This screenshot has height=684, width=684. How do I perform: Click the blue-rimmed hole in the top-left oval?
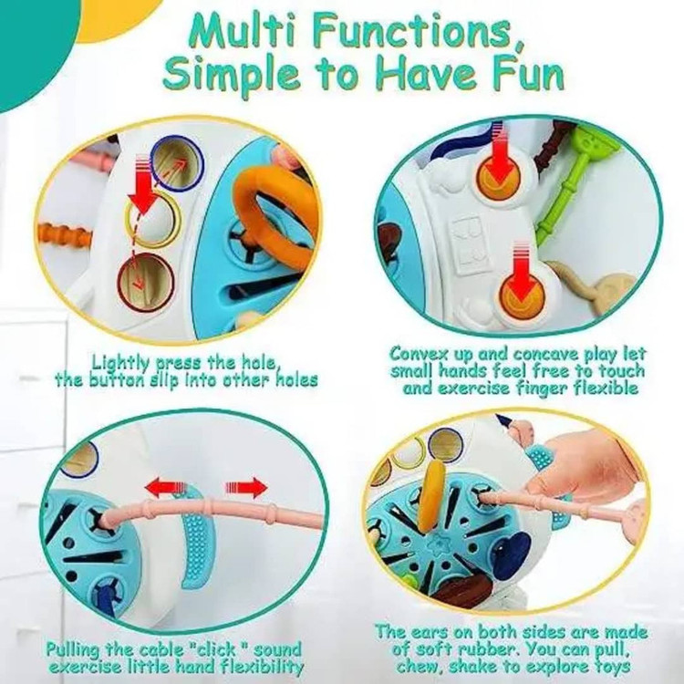(177, 163)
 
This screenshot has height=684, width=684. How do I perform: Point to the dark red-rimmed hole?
(145, 281)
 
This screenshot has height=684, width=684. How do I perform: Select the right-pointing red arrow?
(246, 487)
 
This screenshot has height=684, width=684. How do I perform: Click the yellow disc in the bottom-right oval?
(432, 495)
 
